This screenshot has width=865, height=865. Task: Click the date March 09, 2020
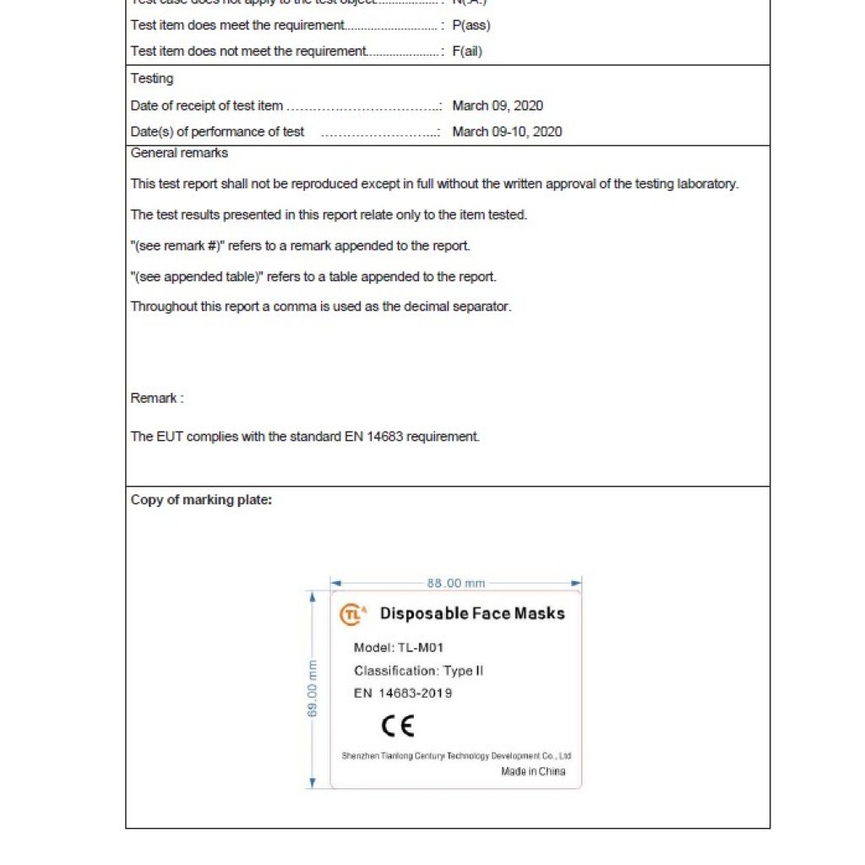[x=498, y=106]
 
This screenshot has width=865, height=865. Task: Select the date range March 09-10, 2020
[x=507, y=132]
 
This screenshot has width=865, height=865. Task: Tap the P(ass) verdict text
[x=471, y=25]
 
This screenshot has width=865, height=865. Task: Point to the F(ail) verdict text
[x=467, y=52]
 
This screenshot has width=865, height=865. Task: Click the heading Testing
[x=152, y=79]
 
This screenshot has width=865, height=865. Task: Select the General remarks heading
[x=179, y=153]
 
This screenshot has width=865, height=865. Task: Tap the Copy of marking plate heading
[x=201, y=500]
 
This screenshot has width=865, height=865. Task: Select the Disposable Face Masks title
[x=472, y=613]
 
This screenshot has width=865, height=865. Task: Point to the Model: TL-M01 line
[x=399, y=648]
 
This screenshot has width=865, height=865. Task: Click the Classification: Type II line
[x=419, y=671]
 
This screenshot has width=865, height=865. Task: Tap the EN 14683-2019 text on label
[x=403, y=694]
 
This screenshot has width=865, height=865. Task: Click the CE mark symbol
[x=398, y=726]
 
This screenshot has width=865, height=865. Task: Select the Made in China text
[x=533, y=771]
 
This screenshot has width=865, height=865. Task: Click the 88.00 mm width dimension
[x=456, y=583]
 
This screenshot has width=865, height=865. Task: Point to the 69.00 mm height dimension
[x=312, y=688]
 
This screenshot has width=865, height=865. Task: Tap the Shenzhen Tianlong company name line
[x=456, y=756]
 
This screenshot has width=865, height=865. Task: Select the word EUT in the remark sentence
[x=166, y=437]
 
